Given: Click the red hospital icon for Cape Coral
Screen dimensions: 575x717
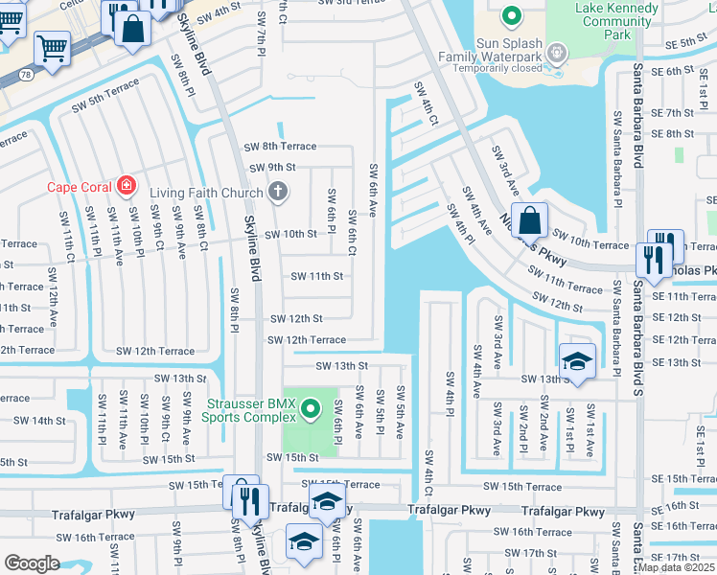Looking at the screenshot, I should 127,185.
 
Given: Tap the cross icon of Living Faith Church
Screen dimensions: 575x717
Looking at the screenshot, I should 278,192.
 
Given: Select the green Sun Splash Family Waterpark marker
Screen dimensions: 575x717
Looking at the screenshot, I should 510,14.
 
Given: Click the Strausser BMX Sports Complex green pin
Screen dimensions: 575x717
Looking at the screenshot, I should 310,410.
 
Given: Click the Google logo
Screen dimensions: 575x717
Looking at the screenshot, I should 32,563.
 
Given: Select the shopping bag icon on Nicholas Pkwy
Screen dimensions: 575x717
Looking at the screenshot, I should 529,221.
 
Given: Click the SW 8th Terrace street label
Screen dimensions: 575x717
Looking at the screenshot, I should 280,147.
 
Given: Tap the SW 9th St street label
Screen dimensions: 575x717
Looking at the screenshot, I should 270,168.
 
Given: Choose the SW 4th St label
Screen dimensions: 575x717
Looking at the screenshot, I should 219,11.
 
